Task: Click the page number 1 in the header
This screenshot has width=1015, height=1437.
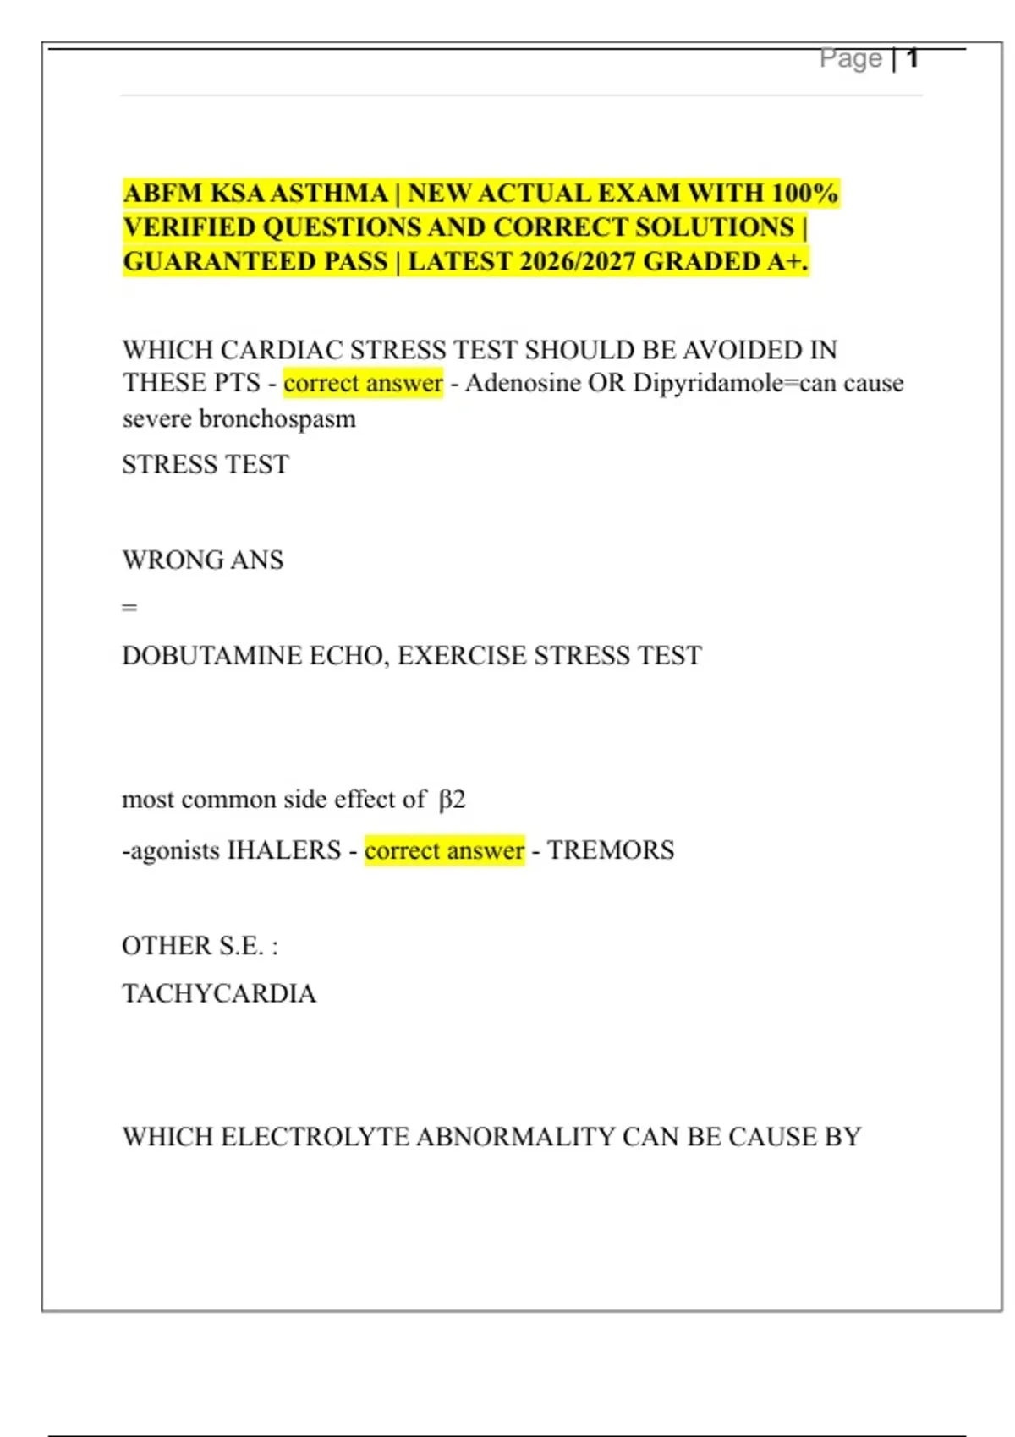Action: pyautogui.click(x=912, y=58)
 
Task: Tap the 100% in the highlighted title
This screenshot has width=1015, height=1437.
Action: pyautogui.click(x=804, y=194)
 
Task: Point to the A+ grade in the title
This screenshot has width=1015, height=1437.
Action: pyautogui.click(x=787, y=262)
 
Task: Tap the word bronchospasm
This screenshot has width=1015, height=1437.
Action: pyautogui.click(x=277, y=418)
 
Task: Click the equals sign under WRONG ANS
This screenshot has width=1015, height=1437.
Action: pyautogui.click(x=129, y=607)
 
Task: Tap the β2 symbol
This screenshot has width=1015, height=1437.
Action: pyautogui.click(x=452, y=800)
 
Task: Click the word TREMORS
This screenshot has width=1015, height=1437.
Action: pyautogui.click(x=611, y=850)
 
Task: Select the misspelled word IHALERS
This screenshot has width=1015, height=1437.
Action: pyautogui.click(x=284, y=850)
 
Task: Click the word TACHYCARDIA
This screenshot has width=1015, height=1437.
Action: pyautogui.click(x=219, y=993)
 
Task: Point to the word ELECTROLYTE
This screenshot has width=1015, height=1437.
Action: pyautogui.click(x=315, y=1137)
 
